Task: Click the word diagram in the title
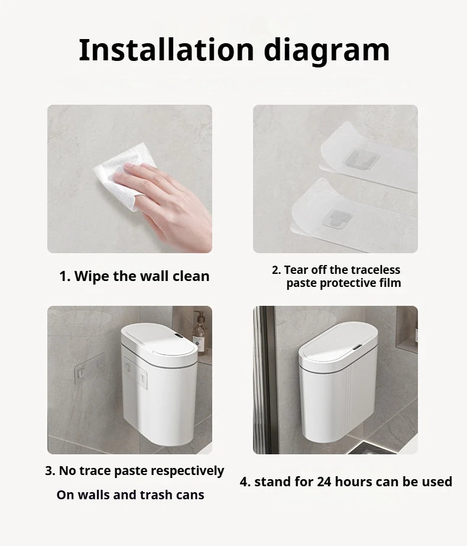[326, 51]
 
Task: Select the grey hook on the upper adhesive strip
[358, 159]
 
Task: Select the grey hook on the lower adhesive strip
[342, 219]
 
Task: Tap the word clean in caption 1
[190, 276]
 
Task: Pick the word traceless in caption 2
[374, 270]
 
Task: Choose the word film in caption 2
[390, 283]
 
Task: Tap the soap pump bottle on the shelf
[199, 334]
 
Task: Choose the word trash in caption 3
[168, 495]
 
